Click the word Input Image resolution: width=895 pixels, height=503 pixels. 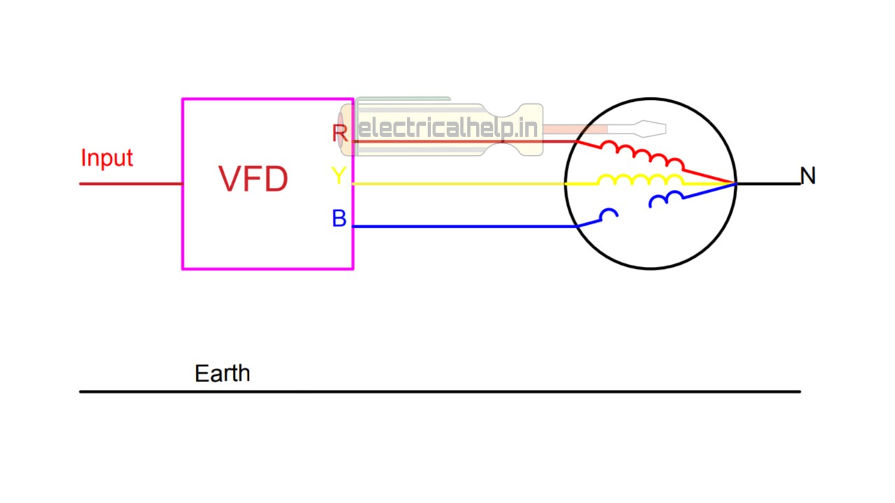tap(106, 158)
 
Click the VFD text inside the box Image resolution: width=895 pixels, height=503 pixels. tap(253, 180)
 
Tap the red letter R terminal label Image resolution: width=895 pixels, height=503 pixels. tap(340, 133)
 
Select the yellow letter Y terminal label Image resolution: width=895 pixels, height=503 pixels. tap(338, 176)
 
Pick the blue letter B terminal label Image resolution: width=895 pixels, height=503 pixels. tap(339, 219)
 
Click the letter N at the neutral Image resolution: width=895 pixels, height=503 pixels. tap(808, 176)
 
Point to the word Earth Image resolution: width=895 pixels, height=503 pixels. tap(222, 373)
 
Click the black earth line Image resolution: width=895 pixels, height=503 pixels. tap(441, 391)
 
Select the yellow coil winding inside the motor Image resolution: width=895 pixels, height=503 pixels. tap(640, 180)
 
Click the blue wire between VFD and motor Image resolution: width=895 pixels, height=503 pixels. tap(461, 226)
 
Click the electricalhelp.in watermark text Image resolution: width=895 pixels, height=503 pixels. tap(447, 129)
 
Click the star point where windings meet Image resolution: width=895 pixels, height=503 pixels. tap(735, 184)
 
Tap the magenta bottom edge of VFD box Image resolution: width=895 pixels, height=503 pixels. tap(268, 268)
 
